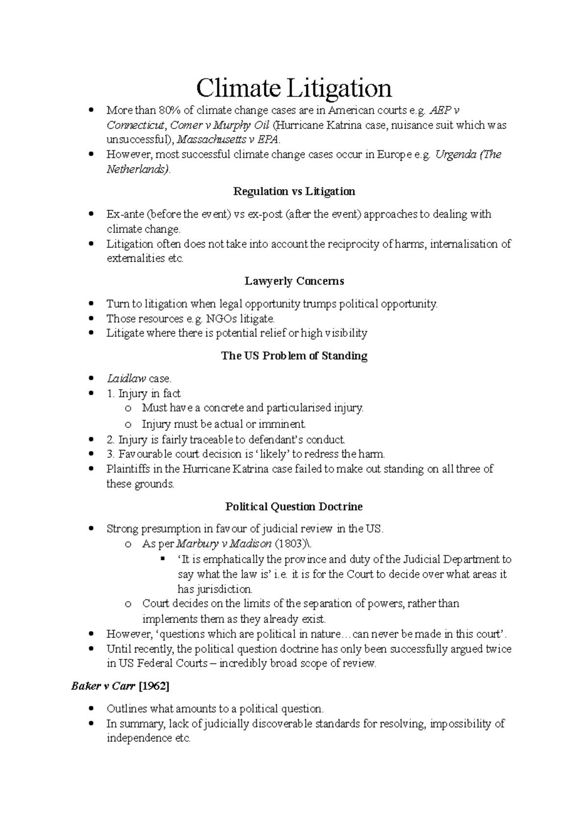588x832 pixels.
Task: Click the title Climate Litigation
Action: [x=294, y=88]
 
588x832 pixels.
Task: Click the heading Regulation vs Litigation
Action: [x=294, y=191]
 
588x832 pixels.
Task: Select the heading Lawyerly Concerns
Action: [x=294, y=281]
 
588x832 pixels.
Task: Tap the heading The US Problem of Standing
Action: [x=294, y=356]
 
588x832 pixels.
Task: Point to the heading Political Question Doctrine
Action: [x=294, y=506]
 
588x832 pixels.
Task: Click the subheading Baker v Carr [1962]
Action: [x=120, y=686]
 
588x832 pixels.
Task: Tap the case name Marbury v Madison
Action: [x=223, y=544]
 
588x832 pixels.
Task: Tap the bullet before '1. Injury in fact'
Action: [x=90, y=394]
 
